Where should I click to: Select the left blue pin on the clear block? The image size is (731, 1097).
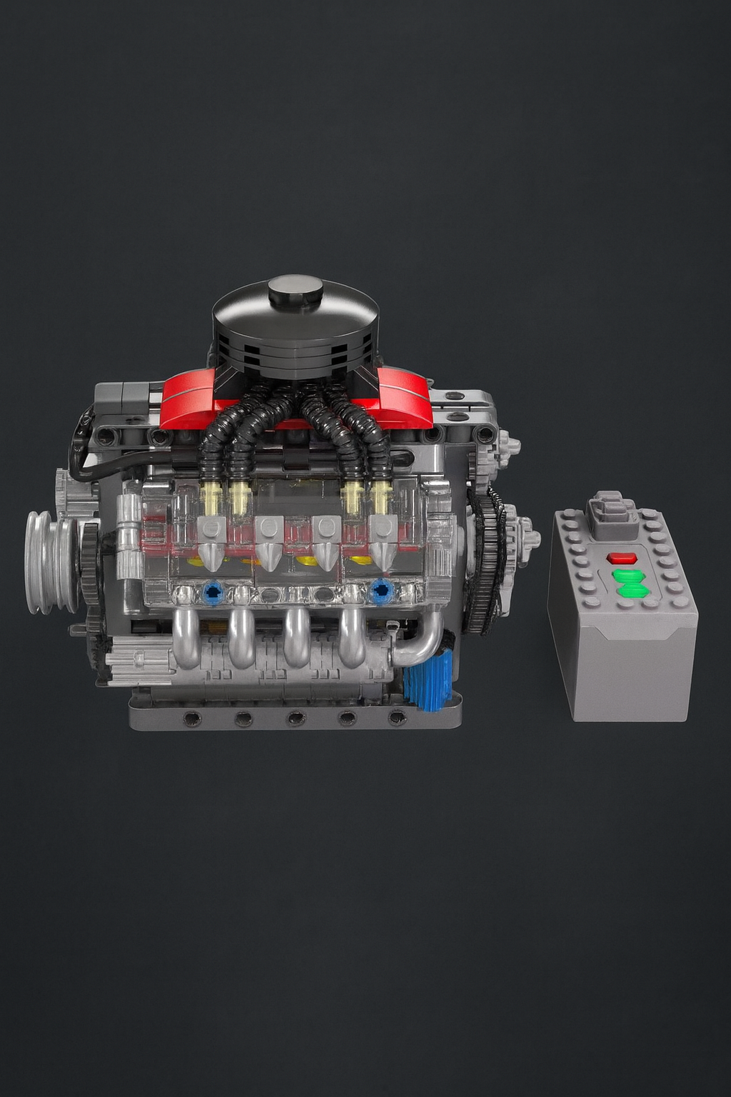tap(212, 591)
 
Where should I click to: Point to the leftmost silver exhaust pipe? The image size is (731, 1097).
tap(186, 637)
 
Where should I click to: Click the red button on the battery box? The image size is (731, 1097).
tap(621, 558)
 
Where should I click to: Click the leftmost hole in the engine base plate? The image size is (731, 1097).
tap(191, 718)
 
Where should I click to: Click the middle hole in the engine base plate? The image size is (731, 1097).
tap(296, 718)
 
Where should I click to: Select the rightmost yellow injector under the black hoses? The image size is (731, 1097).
tap(381, 499)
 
